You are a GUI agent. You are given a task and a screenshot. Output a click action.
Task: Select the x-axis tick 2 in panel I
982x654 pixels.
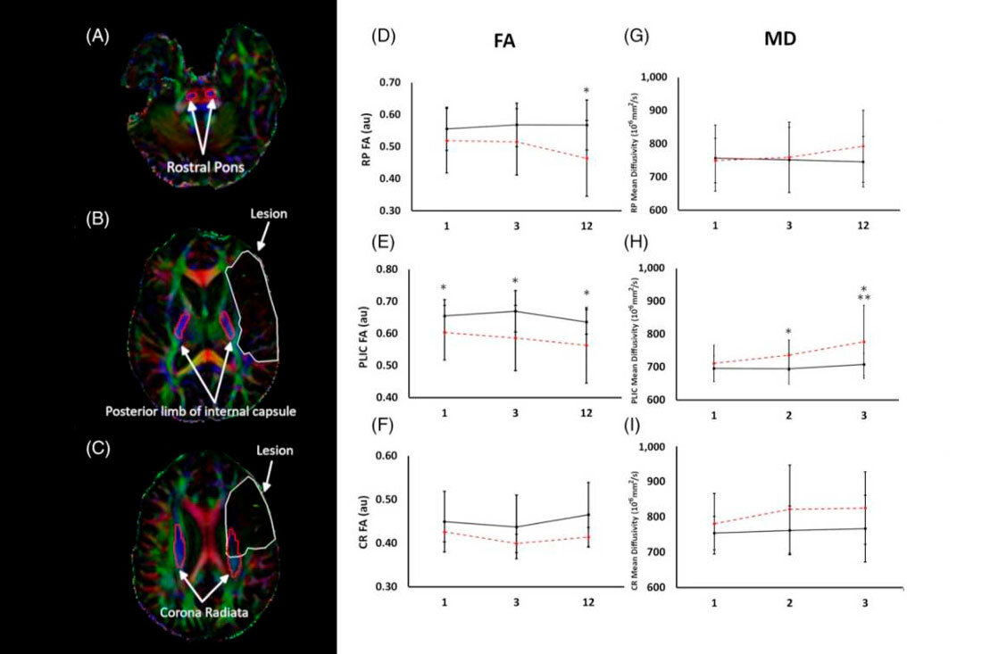tap(789, 603)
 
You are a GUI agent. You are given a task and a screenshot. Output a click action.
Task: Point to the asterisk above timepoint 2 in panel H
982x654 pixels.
tap(788, 333)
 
